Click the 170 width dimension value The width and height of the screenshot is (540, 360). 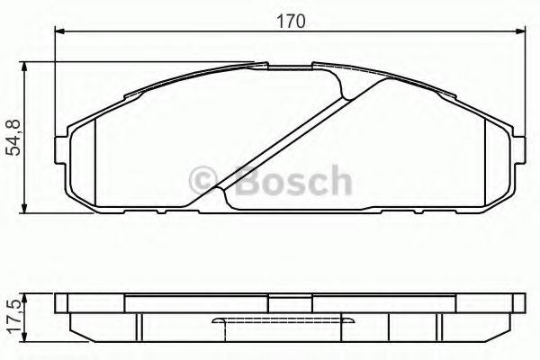click(290, 19)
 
